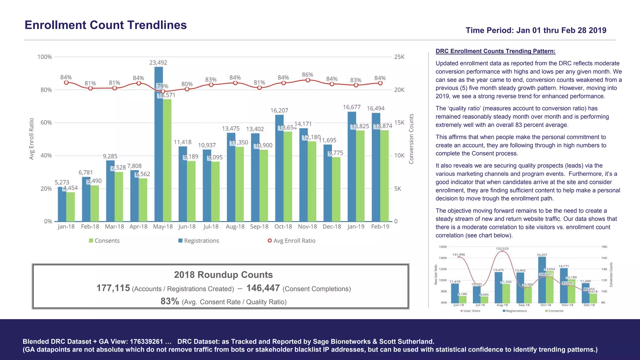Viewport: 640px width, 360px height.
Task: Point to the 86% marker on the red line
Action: pos(308,80)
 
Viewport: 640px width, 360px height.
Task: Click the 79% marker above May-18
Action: pos(163,91)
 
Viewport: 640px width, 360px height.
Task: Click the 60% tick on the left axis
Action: pos(46,122)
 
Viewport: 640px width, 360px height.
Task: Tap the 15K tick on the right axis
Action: pos(399,122)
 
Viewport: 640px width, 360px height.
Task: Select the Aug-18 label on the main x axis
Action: pos(235,227)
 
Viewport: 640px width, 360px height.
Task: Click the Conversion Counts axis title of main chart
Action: pos(411,139)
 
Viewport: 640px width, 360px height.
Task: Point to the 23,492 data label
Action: pos(158,62)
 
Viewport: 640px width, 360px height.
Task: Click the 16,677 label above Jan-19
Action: pos(352,107)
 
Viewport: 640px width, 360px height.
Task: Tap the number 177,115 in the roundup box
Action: pos(113,288)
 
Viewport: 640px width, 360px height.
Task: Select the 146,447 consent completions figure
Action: pos(263,288)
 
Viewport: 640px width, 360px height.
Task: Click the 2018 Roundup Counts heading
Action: pos(223,275)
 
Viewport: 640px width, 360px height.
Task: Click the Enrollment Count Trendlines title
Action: pos(106,25)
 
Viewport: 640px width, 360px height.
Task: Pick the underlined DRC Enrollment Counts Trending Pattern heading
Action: pos(495,51)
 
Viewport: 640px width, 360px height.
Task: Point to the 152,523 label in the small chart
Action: pos(502,248)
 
